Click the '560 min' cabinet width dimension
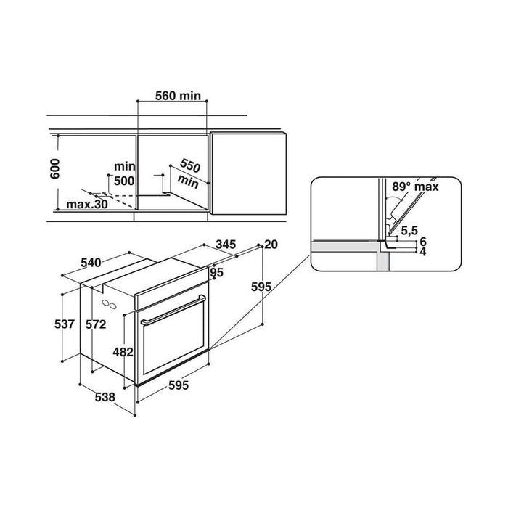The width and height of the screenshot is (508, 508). tap(178, 96)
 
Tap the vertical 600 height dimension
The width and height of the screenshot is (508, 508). tap(55, 168)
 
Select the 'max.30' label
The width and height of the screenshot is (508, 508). tap(87, 205)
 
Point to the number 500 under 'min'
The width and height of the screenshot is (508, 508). tap(124, 181)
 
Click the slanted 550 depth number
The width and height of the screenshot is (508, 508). tap(190, 166)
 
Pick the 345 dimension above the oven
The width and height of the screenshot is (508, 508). tap(226, 245)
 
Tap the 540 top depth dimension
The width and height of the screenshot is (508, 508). tap(91, 263)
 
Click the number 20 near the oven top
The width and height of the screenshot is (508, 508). tap(271, 245)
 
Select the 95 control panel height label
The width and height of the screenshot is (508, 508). tap(217, 272)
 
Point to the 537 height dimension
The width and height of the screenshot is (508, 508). tap(65, 324)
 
